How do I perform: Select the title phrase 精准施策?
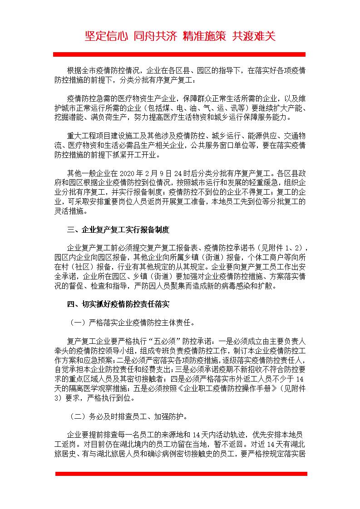pos(204,36)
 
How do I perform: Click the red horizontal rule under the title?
pos(179,54)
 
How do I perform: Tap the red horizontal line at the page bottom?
pos(181,474)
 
